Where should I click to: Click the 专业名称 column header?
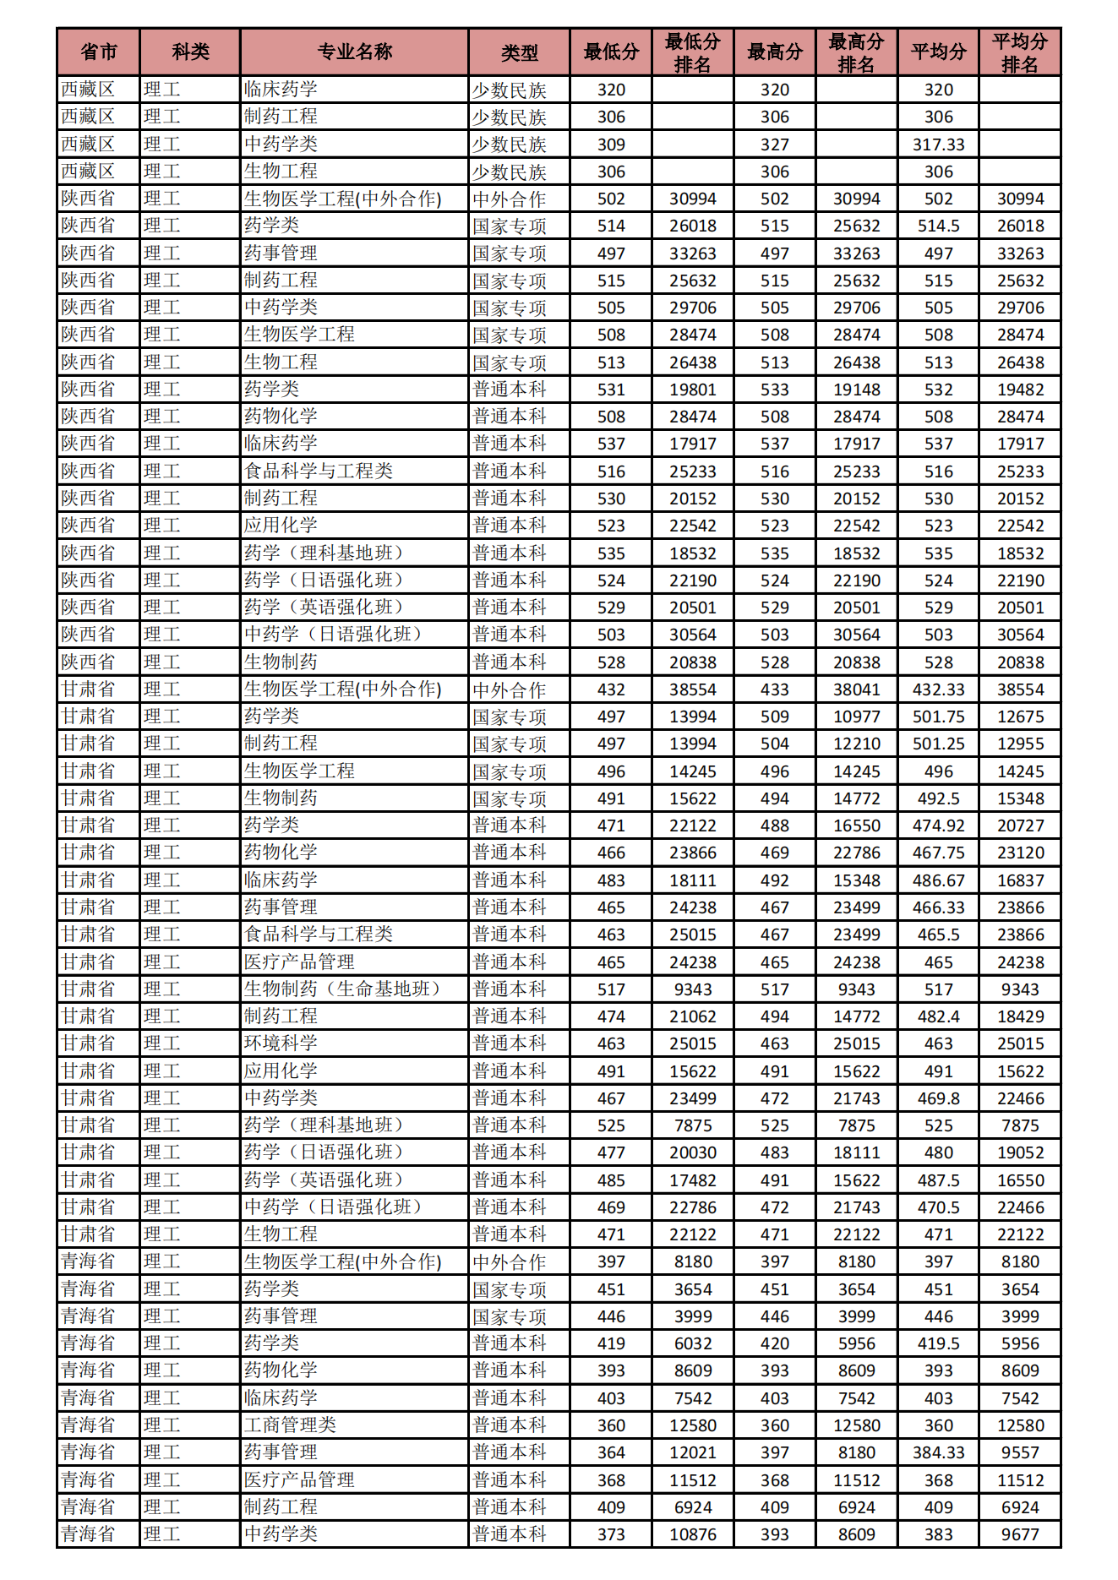pos(354,52)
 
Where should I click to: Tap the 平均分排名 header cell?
pos(1019,52)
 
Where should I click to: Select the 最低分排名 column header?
pos(692,52)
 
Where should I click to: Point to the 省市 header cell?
pos(98,52)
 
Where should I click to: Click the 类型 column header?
pos(519,52)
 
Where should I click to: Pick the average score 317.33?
pos(938,144)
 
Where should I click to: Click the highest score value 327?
pos(774,144)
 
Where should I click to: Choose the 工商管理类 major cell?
pos(290,1425)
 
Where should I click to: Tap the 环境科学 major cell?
pos(281,1043)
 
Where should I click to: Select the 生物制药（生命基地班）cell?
pos(341,989)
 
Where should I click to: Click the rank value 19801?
pos(692,390)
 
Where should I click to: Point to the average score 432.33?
pos(938,689)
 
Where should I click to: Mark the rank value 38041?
pos(856,689)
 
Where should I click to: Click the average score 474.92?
pos(938,825)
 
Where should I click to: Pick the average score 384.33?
pos(938,1452)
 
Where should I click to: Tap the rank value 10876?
pos(692,1534)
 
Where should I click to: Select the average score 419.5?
pos(938,1343)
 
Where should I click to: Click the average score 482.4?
pos(938,1016)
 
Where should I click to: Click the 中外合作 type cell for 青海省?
pos(510,1262)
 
